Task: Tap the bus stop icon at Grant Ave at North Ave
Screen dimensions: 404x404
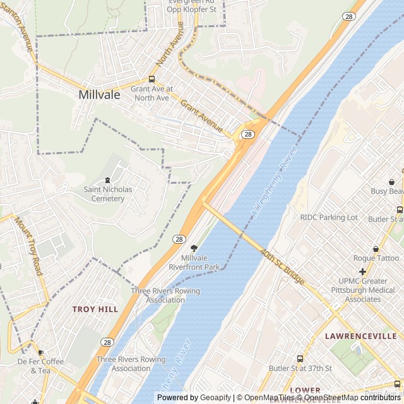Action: (x=151, y=80)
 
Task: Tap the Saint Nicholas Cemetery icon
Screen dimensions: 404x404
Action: (x=108, y=181)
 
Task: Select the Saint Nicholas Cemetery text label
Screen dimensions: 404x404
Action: (x=108, y=194)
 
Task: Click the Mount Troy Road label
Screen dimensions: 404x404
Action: (x=28, y=246)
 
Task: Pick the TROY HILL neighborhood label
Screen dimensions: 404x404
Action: (x=95, y=309)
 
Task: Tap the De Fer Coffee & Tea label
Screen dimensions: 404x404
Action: (x=40, y=365)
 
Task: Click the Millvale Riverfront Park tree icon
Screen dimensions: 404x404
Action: (x=194, y=249)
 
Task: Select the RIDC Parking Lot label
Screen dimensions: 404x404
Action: (x=329, y=218)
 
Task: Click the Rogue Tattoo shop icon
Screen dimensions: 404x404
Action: (x=376, y=249)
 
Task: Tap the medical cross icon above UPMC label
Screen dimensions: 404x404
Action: (x=362, y=272)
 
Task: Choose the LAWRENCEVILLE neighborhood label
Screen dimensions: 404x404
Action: (x=360, y=336)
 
